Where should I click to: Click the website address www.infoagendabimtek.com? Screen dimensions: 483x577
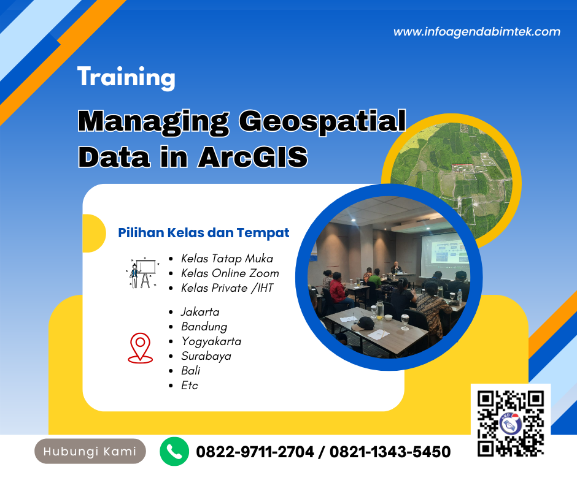click(x=476, y=32)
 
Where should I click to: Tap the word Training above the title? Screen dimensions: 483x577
click(x=126, y=78)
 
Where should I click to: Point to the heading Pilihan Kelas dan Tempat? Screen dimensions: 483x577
click(x=204, y=233)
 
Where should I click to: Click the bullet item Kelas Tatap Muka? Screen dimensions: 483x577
click(x=227, y=259)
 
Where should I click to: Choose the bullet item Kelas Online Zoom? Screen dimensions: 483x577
click(x=230, y=273)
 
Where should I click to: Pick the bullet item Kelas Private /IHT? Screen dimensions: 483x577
click(x=227, y=287)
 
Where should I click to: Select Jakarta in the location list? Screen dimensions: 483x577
click(x=200, y=312)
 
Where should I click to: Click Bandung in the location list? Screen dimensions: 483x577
click(x=204, y=327)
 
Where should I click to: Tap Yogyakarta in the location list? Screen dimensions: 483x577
click(x=211, y=341)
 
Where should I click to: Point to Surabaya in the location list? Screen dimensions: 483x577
click(x=206, y=356)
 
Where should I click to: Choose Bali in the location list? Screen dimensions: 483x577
click(x=190, y=371)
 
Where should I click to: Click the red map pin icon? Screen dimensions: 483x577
click(x=141, y=348)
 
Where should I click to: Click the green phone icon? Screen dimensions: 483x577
click(x=174, y=452)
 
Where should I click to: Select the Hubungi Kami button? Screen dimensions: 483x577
click(x=90, y=452)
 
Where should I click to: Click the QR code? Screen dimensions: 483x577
click(x=511, y=424)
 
